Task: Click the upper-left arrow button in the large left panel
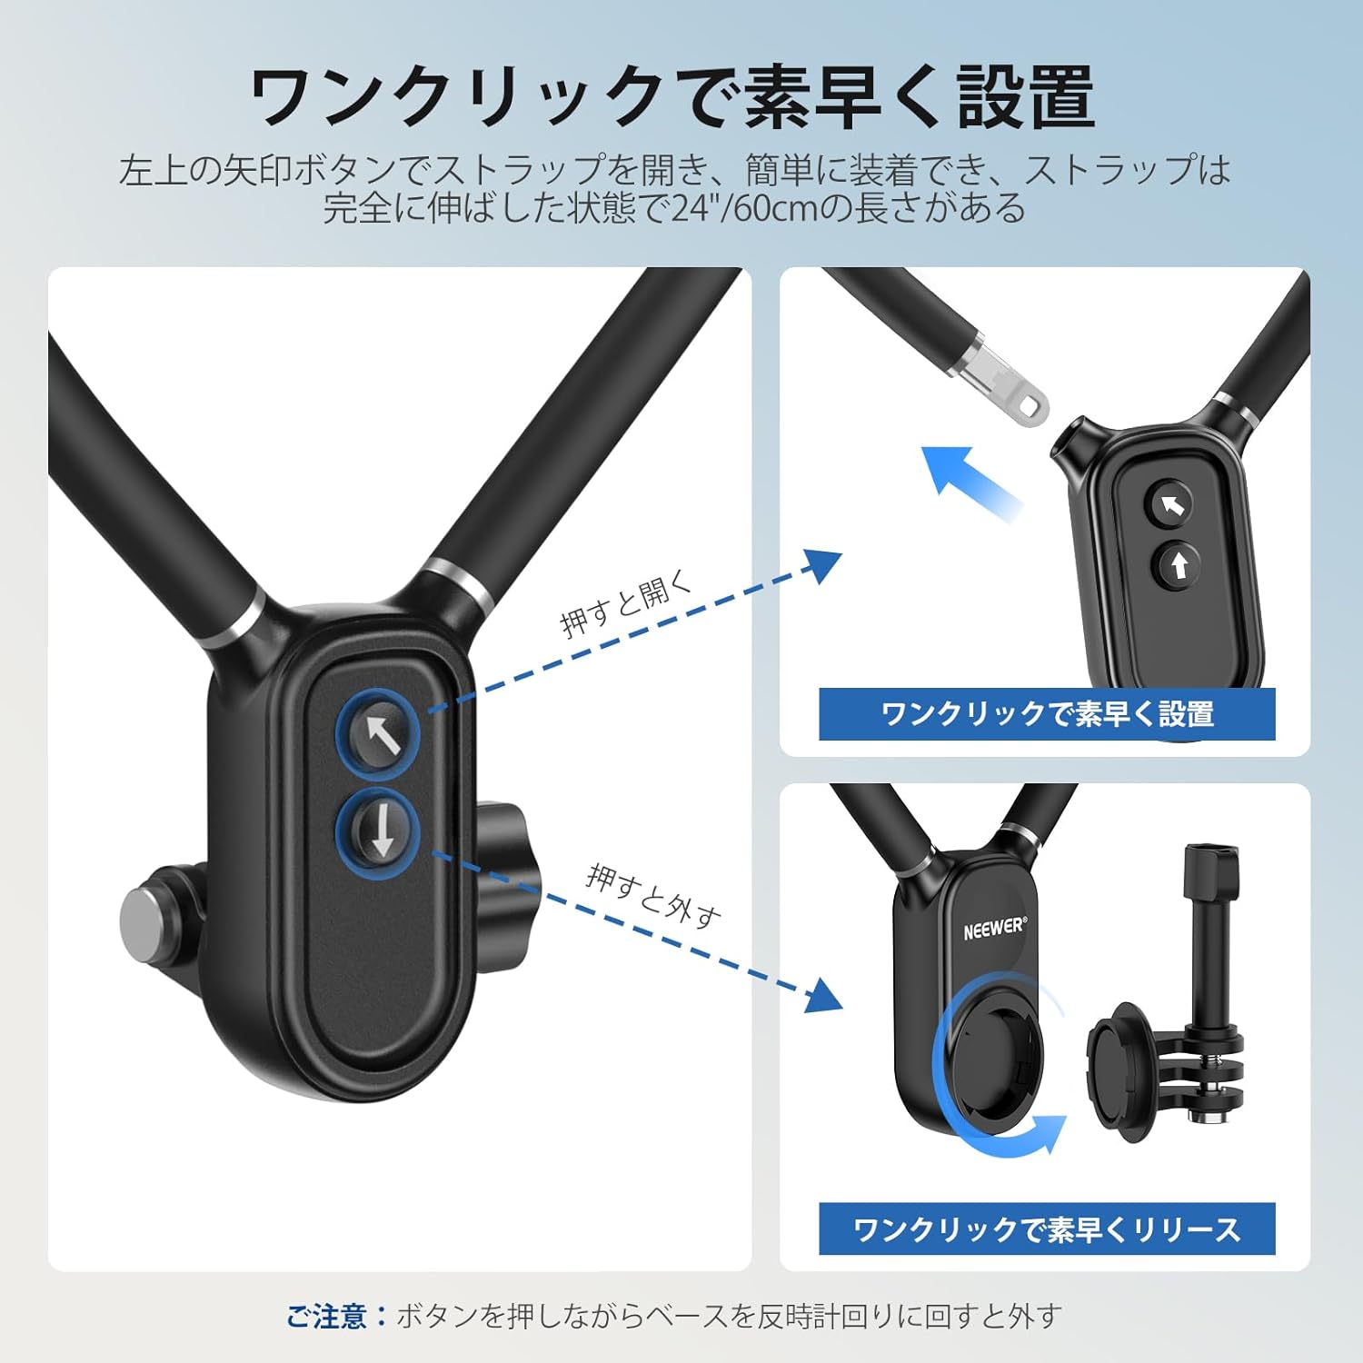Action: click(x=380, y=734)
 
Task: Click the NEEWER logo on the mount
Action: click(x=995, y=928)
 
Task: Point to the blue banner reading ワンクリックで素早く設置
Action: click(x=1047, y=714)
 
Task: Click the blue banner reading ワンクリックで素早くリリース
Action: click(x=1047, y=1229)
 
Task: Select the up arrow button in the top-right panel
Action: click(x=1179, y=565)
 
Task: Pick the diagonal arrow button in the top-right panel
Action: click(x=1172, y=505)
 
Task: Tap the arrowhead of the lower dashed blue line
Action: click(x=823, y=996)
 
